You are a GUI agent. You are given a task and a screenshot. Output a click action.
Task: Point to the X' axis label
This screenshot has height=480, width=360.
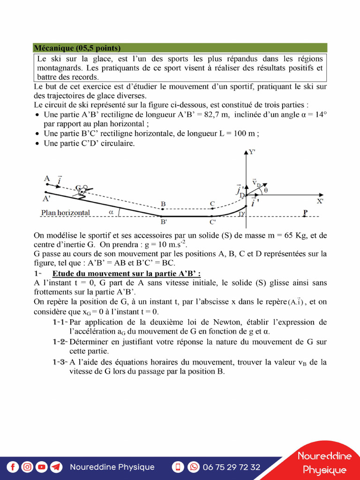point(320,202)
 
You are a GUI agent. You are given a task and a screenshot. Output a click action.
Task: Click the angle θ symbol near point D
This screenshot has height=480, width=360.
point(266,191)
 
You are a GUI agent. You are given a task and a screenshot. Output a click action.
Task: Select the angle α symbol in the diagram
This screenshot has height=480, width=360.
point(111,212)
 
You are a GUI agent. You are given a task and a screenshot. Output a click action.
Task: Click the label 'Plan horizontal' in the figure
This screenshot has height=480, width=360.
point(66,212)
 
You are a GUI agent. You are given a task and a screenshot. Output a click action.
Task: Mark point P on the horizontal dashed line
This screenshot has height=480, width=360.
point(305,213)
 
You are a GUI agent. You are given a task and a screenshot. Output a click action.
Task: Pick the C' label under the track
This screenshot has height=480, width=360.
point(213,222)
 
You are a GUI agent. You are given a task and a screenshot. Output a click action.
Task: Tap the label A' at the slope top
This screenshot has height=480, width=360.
point(46,199)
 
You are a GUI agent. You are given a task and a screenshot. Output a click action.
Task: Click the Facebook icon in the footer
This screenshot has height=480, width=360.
point(13,467)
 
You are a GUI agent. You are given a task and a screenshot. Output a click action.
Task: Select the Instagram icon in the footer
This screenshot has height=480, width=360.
point(28,467)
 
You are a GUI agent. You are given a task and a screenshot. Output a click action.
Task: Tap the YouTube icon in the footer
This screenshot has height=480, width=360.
point(42,467)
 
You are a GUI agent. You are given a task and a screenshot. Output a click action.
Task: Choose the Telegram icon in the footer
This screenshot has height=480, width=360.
point(56,467)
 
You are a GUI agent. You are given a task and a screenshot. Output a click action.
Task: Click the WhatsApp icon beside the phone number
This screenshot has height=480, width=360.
point(193,467)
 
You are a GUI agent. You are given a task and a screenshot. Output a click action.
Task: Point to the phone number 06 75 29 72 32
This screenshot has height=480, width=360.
point(231,467)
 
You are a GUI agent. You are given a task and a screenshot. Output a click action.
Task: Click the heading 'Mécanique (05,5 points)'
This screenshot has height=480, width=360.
point(77,48)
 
